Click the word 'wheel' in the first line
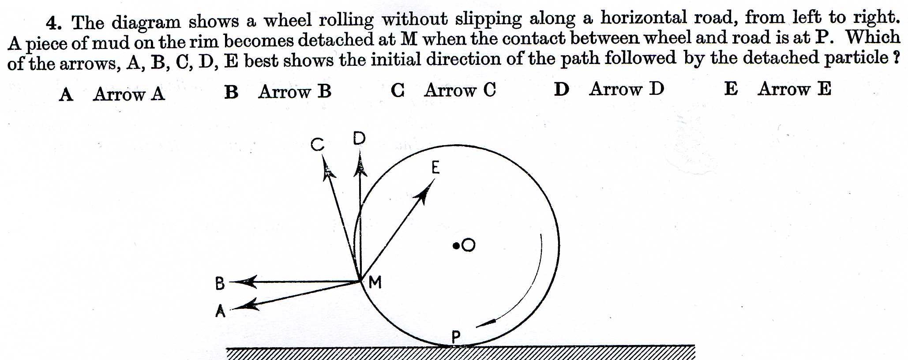click(288, 20)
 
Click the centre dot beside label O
click(456, 245)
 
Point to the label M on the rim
click(375, 282)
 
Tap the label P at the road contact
click(456, 337)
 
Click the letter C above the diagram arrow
click(317, 144)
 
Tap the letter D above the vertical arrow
click(360, 139)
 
